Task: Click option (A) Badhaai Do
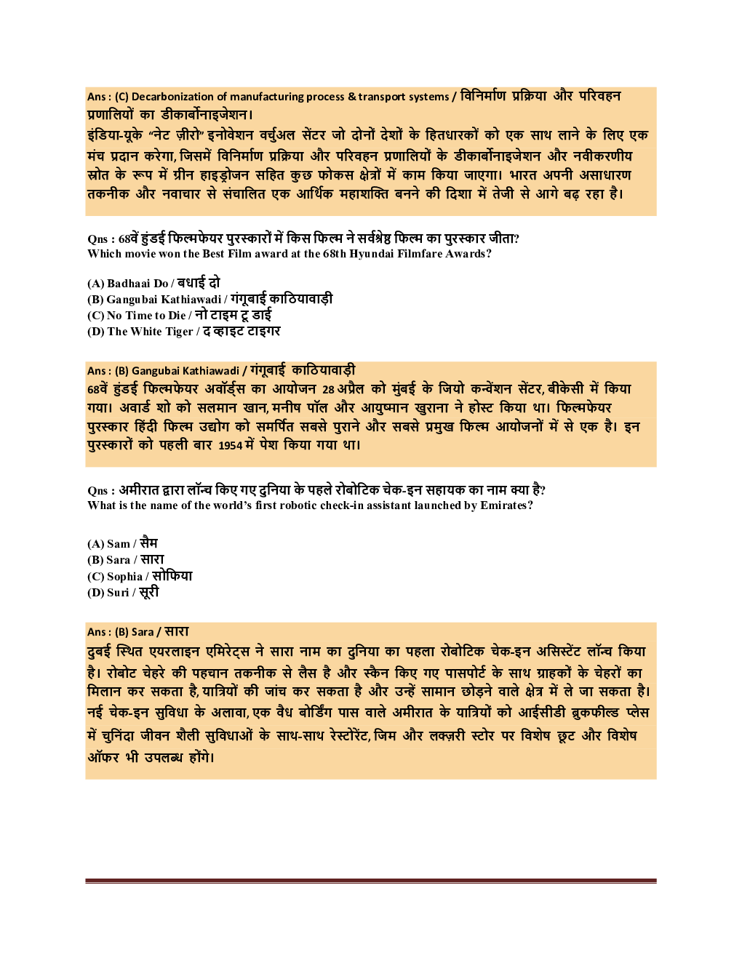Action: pyautogui.click(x=153, y=283)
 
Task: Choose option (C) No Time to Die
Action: pyautogui.click(x=179, y=315)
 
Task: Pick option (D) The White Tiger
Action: pyautogui.click(x=183, y=331)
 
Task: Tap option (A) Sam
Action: pyautogui.click(x=122, y=543)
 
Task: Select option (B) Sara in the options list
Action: pyautogui.click(x=125, y=559)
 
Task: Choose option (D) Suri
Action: pyautogui.click(x=123, y=592)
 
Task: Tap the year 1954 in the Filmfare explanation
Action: pyautogui.click(x=230, y=445)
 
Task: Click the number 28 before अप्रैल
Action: pyautogui.click(x=328, y=389)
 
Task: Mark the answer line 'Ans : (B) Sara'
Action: pyautogui.click(x=138, y=631)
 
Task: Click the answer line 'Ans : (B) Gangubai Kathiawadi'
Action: pyautogui.click(x=221, y=370)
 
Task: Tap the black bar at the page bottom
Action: pyautogui.click(x=370, y=873)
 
